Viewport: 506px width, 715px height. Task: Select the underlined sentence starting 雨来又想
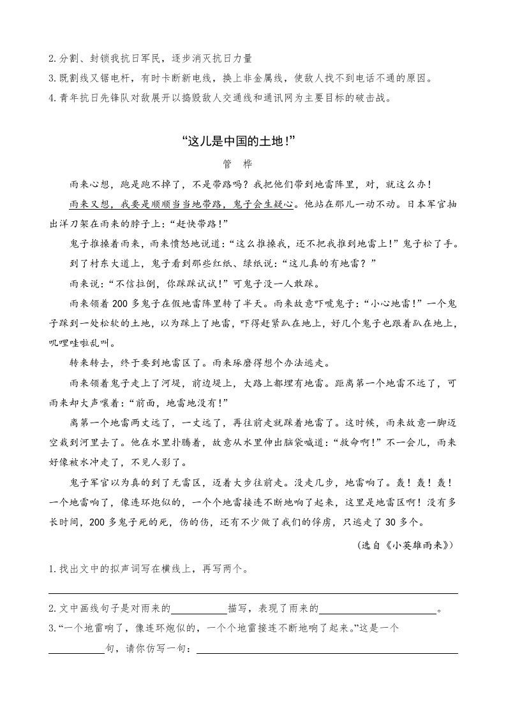(x=181, y=205)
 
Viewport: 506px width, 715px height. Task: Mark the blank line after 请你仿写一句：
(x=327, y=651)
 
